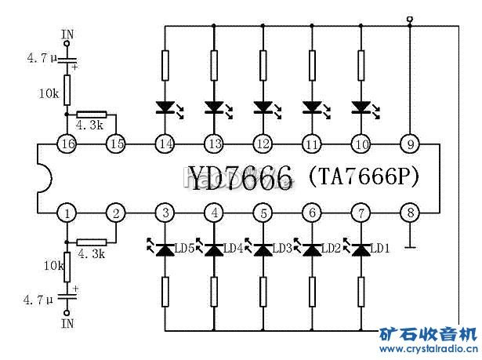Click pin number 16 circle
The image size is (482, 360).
67,144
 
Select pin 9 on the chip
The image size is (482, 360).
408,144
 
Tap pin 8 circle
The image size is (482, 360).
408,213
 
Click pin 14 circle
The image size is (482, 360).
165,144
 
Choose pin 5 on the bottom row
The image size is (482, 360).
263,213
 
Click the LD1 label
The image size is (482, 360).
380,249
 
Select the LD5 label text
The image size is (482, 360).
185,249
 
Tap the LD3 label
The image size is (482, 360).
282,249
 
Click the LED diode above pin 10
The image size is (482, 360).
361,106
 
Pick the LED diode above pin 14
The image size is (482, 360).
165,106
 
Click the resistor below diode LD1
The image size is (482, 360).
361,292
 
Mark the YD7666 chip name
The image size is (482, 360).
239,177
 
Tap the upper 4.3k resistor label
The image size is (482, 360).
89,125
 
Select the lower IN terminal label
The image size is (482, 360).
67,322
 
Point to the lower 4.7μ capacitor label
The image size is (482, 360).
37,300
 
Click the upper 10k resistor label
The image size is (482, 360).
49,93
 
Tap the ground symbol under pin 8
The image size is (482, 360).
409,248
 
